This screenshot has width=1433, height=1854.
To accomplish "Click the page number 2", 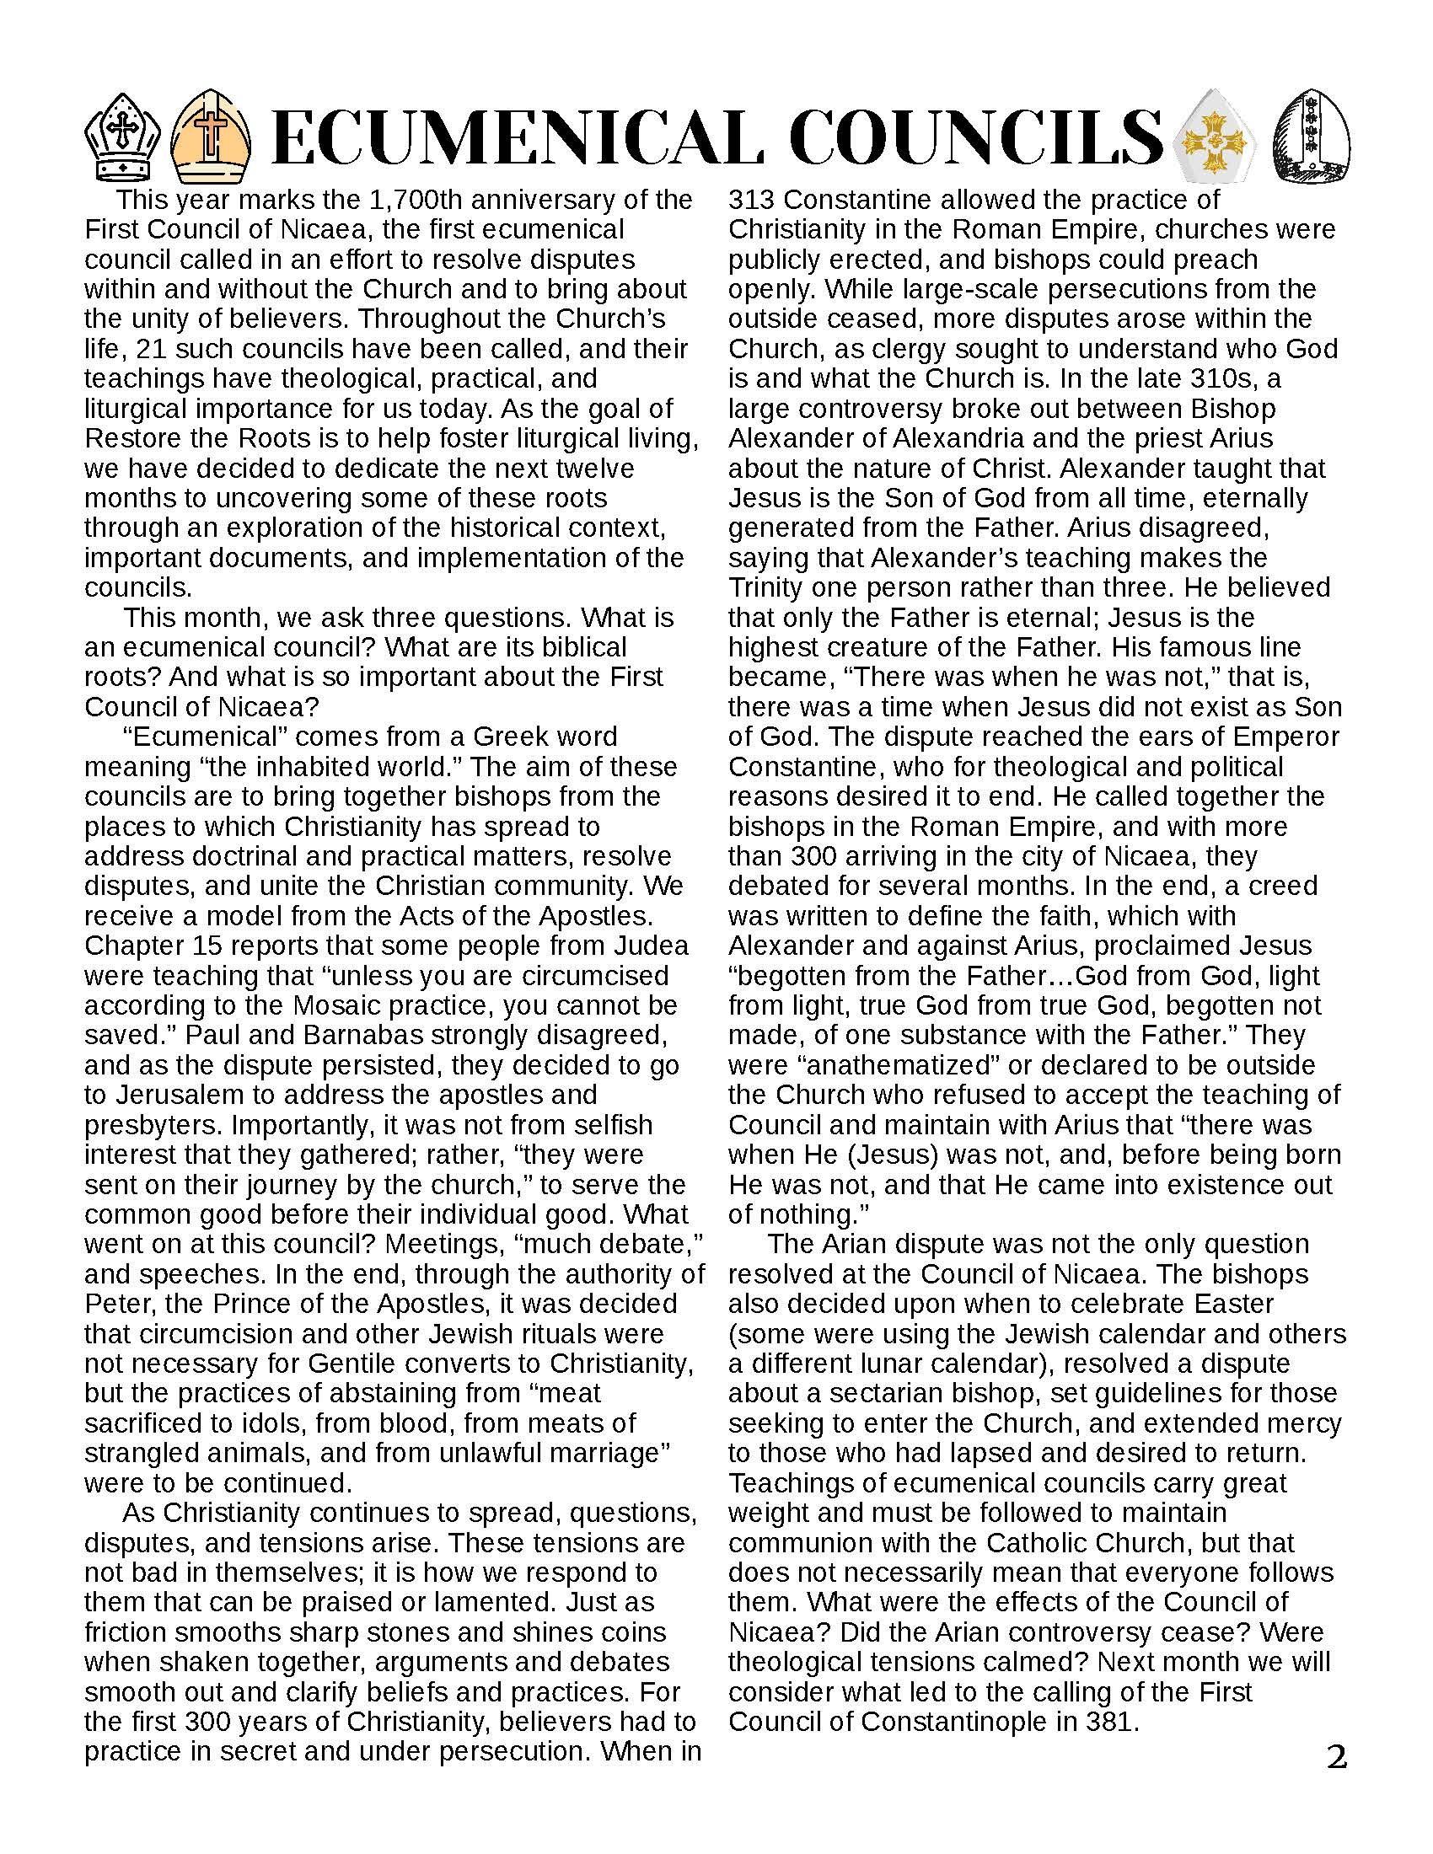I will [1336, 1756].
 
